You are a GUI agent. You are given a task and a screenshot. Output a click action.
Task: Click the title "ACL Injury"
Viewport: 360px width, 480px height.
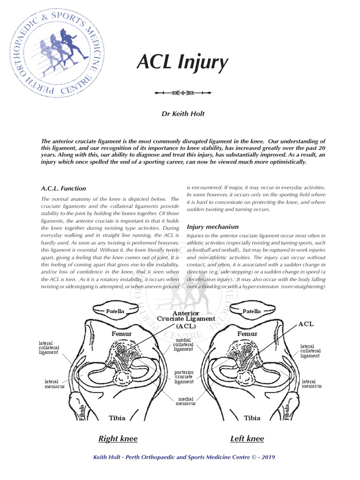point(182,62)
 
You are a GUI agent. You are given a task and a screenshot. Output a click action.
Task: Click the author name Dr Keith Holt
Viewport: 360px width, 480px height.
point(180,114)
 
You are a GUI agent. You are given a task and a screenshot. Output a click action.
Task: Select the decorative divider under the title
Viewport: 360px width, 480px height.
point(180,93)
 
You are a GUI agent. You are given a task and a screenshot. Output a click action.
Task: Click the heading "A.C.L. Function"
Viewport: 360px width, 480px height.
point(64,188)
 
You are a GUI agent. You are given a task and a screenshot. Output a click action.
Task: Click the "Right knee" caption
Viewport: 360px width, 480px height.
point(118,439)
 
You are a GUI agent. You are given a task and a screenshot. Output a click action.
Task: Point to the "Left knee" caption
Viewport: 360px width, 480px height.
point(247,439)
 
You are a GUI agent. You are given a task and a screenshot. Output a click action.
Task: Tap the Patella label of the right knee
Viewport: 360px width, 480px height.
point(115,311)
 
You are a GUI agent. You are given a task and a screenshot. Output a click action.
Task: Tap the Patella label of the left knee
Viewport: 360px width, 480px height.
point(252,311)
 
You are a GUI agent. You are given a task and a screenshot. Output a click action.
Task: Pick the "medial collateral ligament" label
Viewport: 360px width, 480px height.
point(183,345)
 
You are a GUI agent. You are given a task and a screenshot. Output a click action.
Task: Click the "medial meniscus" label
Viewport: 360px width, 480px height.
point(186,401)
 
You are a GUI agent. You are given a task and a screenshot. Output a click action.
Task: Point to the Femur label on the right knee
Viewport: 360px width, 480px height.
point(121,334)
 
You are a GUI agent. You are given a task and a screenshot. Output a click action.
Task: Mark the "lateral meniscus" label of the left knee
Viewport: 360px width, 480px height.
point(312,384)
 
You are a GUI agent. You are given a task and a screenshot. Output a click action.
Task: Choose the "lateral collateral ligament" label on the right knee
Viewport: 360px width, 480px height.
point(48,347)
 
